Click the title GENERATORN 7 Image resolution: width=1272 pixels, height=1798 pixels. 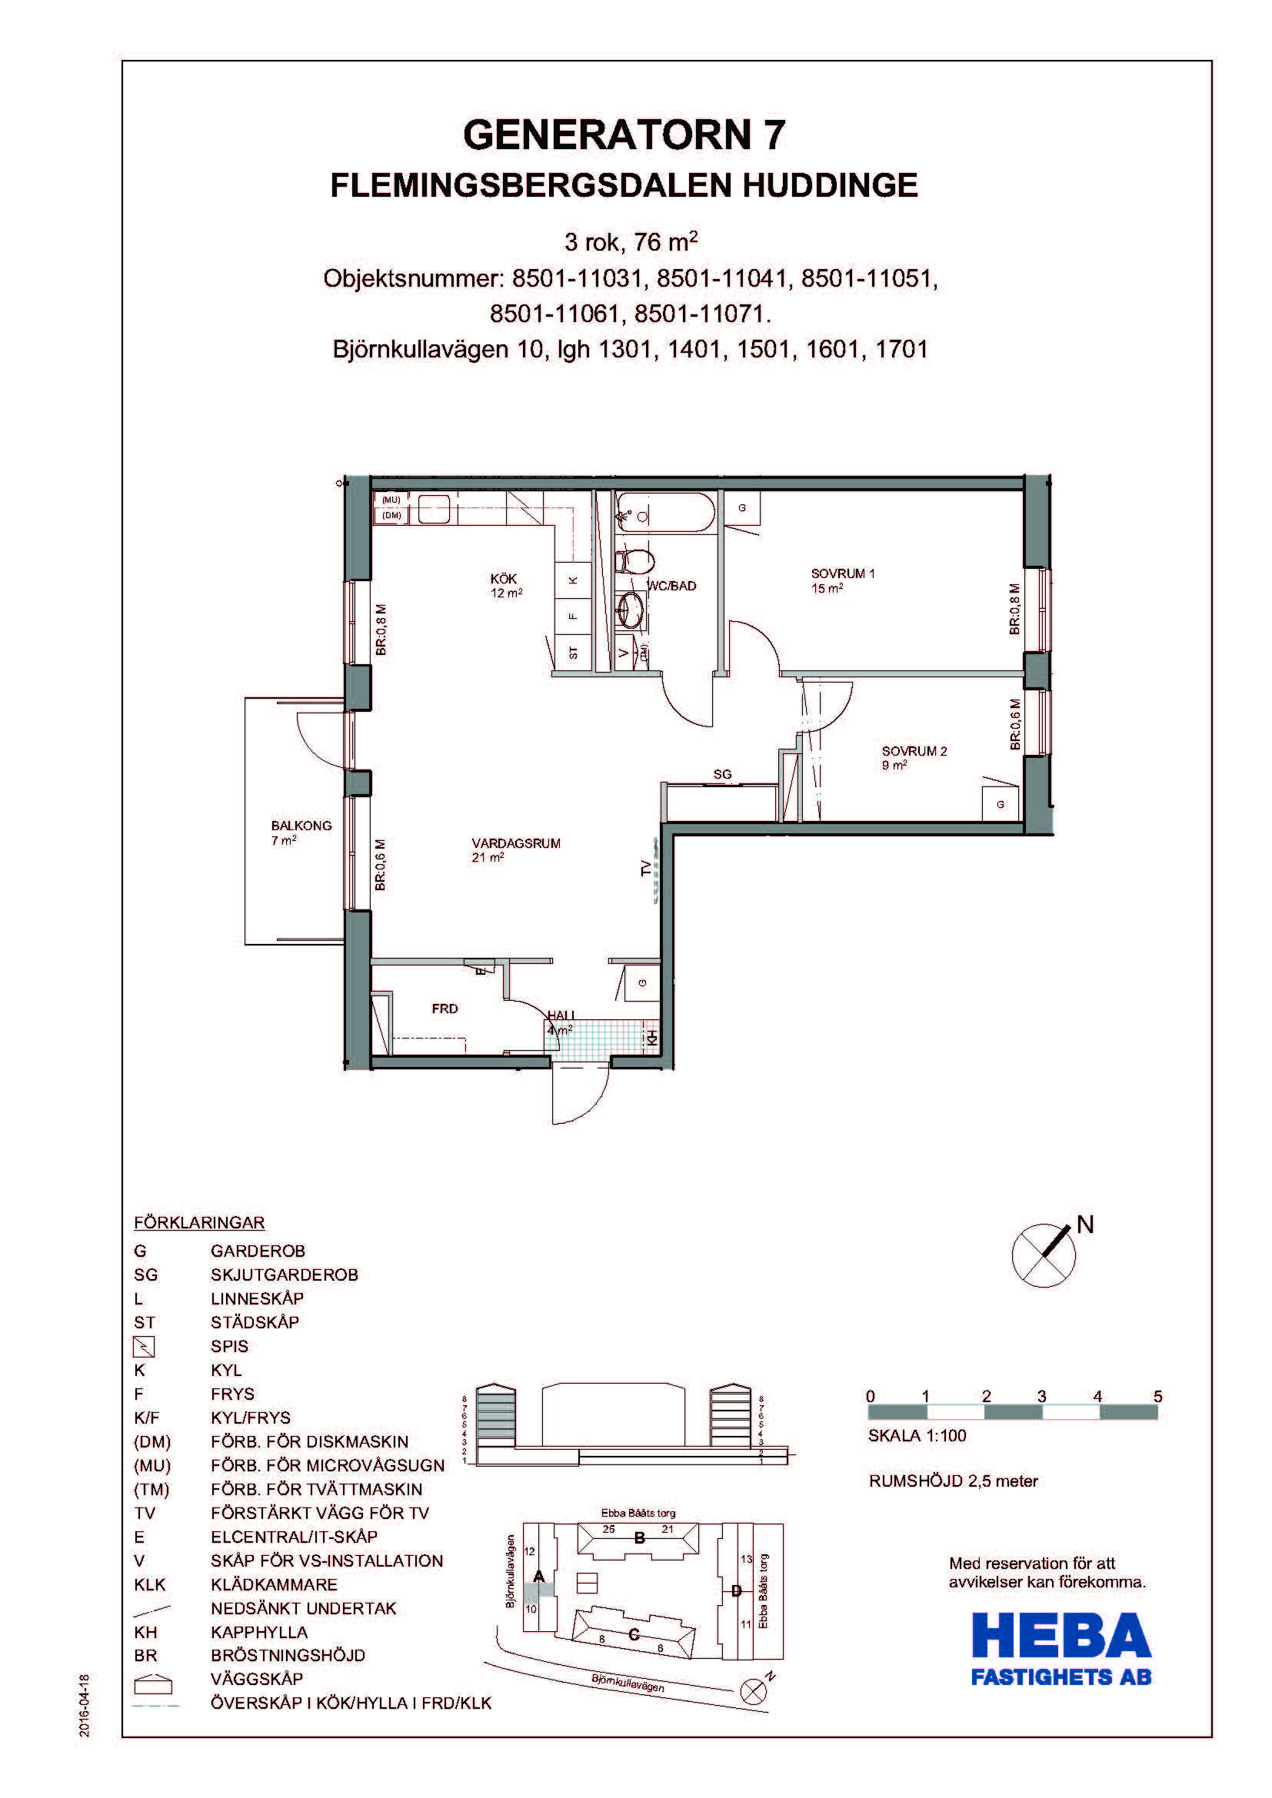coord(624,135)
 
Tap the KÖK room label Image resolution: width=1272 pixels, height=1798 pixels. coord(504,579)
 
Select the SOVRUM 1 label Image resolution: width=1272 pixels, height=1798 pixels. coord(843,573)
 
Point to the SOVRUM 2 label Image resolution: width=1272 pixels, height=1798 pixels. coord(914,751)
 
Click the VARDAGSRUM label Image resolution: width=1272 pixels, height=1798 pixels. coord(516,843)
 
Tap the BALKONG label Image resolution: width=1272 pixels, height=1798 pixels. coord(301,826)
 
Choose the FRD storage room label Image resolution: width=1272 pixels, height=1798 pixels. coord(445,1009)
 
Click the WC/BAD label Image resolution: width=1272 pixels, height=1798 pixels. coord(672,586)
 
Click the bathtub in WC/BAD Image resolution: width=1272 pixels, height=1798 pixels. coord(665,513)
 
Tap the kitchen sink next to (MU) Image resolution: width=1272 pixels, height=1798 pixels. coord(433,509)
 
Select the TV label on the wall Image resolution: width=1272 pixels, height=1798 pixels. coord(646,868)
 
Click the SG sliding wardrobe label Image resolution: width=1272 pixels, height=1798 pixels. coord(722,775)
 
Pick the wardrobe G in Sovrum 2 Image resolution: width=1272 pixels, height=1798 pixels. coord(1001,804)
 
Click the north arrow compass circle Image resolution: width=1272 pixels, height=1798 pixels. coord(1044,1256)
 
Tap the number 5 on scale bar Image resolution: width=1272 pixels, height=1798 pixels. coord(1157,1396)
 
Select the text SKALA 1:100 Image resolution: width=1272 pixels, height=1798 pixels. coord(917,1436)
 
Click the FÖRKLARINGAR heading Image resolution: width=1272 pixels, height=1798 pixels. coord(200,1222)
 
